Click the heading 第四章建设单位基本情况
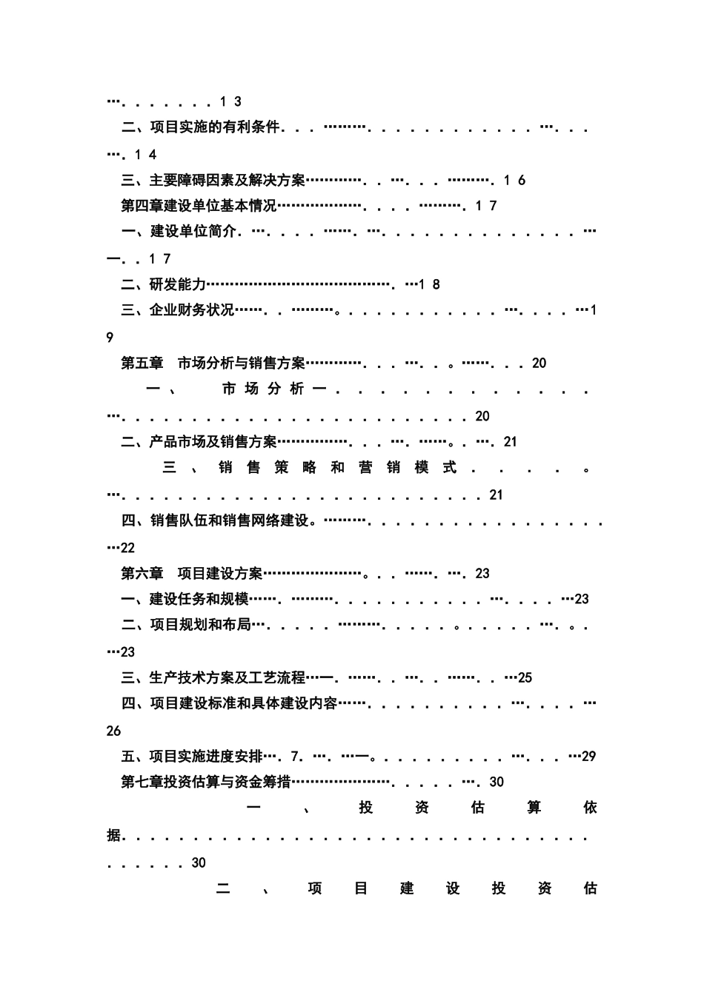point(199,206)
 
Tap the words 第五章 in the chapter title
point(142,364)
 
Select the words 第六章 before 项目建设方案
point(142,574)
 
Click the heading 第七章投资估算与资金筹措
point(205,783)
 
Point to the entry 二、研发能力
point(163,285)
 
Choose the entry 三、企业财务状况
point(177,310)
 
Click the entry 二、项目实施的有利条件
point(200,127)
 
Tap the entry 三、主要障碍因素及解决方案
point(213,181)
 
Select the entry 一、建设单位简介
point(179,232)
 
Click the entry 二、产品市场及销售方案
point(199,442)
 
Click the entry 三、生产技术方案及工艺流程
point(213,678)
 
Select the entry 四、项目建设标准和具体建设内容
point(229,703)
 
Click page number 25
point(525,678)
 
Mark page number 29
point(589,757)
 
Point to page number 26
point(113,731)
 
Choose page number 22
point(127,548)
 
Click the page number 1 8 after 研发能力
point(430,285)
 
